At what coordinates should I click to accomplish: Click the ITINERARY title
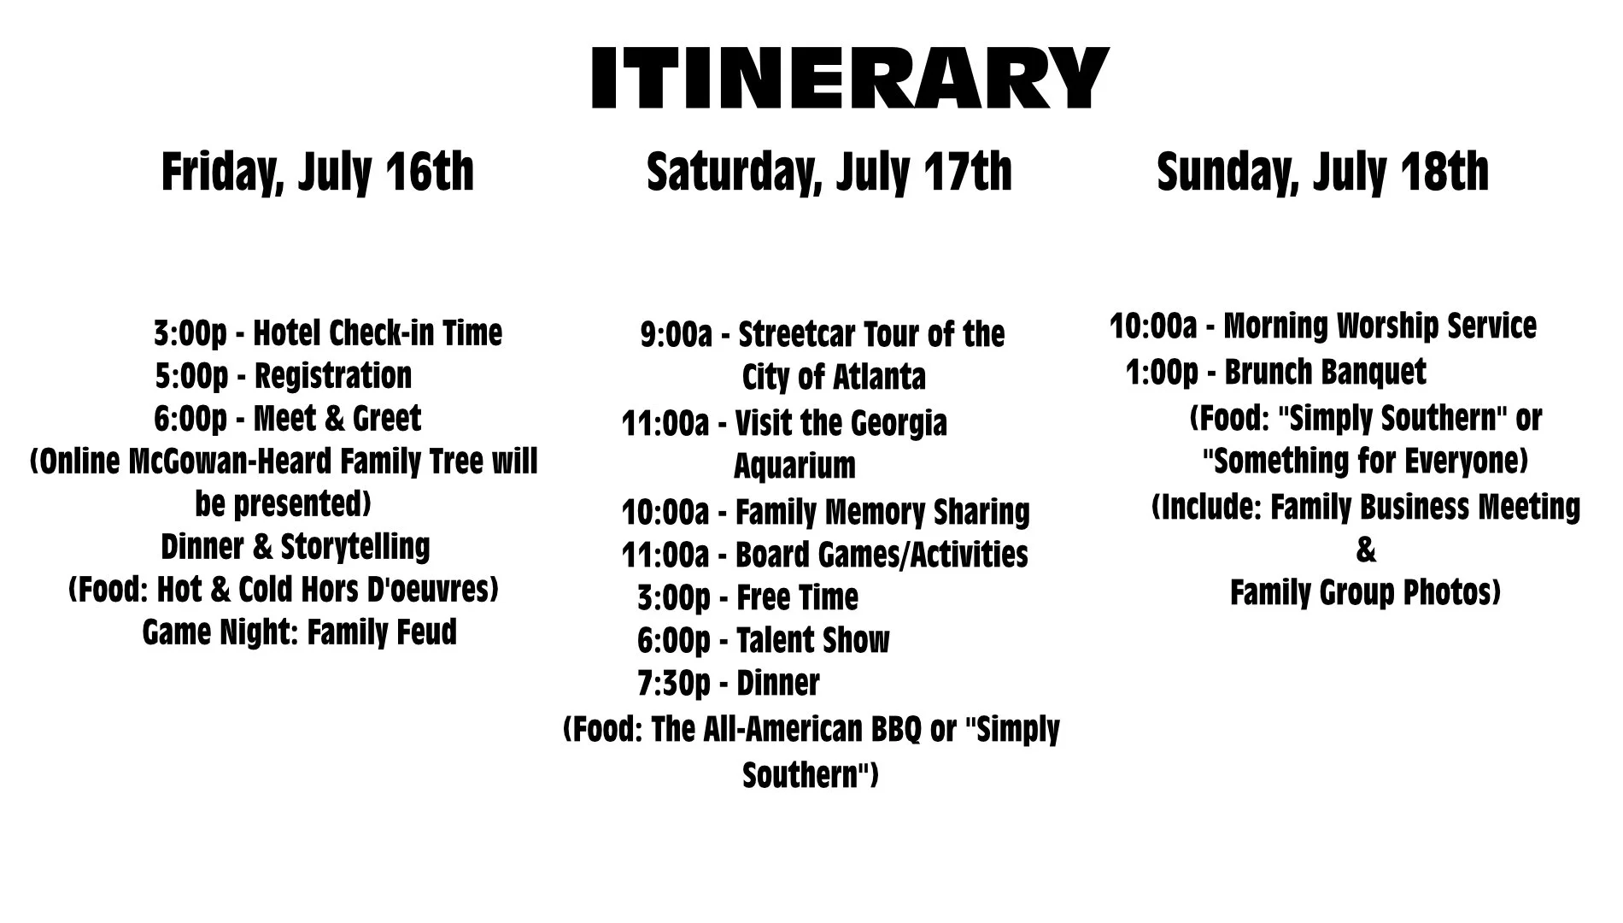(850, 78)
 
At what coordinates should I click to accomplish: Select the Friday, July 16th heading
(318, 173)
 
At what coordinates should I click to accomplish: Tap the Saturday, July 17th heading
(829, 173)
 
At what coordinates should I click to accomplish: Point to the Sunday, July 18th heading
(1322, 173)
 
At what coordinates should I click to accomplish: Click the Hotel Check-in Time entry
(328, 333)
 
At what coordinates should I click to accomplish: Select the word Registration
(333, 376)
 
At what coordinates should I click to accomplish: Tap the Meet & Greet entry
(288, 419)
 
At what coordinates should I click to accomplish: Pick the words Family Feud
(382, 632)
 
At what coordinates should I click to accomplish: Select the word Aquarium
(794, 466)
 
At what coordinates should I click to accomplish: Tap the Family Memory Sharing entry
(826, 512)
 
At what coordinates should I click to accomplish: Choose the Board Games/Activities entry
(825, 555)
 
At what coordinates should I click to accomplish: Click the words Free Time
(797, 597)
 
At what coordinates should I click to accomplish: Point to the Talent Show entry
(763, 640)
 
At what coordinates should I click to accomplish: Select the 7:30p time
(673, 683)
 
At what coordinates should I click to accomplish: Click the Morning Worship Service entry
(1323, 326)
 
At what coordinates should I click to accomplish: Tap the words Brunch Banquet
(1325, 373)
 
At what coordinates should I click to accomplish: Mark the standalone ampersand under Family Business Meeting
(1366, 550)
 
